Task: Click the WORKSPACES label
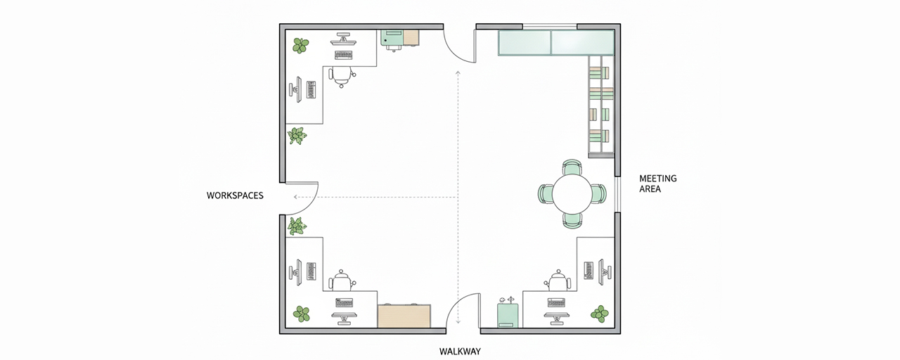(235, 195)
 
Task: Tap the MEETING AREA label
(657, 184)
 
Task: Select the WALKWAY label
(460, 352)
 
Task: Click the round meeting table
(572, 194)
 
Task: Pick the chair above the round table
(572, 167)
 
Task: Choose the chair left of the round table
(545, 195)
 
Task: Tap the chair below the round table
(572, 221)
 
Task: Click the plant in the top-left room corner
(300, 46)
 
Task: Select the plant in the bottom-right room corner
(600, 314)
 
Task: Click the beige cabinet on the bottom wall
(404, 316)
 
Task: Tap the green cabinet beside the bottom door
(508, 316)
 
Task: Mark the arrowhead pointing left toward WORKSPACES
(295, 197)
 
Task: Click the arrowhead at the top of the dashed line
(458, 72)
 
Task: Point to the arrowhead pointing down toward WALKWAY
(458, 321)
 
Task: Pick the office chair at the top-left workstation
(342, 77)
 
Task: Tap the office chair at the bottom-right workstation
(558, 281)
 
